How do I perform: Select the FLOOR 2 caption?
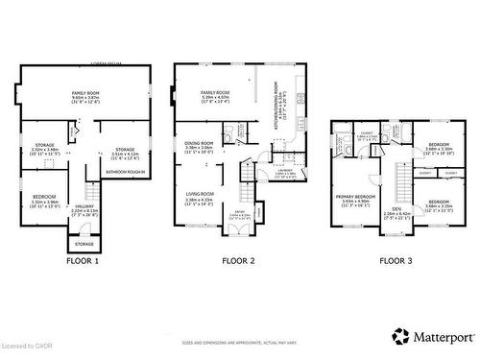tap(238, 260)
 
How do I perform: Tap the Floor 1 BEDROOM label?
tap(45, 200)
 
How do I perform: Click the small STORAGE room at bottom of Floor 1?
tap(85, 244)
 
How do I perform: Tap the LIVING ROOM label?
tap(200, 197)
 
